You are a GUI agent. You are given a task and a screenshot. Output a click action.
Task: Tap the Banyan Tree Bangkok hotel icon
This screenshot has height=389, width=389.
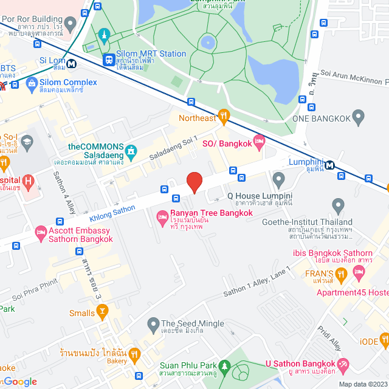click(x=162, y=216)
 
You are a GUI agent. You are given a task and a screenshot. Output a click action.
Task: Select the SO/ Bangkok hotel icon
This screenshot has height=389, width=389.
click(x=260, y=142)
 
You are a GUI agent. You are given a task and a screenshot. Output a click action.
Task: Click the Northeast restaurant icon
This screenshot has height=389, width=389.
click(x=224, y=114)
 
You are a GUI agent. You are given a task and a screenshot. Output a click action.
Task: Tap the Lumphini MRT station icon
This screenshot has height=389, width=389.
click(x=329, y=165)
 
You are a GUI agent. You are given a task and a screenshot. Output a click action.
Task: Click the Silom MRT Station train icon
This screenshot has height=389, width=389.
click(x=109, y=60)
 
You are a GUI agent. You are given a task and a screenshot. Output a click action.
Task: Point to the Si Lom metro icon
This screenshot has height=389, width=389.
click(x=72, y=63)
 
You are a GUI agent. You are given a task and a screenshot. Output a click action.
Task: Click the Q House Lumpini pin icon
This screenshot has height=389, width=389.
click(x=279, y=179)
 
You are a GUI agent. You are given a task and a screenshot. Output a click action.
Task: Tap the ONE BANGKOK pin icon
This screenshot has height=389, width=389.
click(x=358, y=115)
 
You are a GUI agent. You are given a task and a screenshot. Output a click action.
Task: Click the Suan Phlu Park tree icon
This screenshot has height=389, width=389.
click(x=225, y=367)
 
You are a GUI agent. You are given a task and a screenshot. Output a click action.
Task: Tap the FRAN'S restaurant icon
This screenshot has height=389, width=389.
click(x=342, y=274)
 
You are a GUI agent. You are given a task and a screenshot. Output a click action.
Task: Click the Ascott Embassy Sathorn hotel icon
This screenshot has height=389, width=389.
click(x=41, y=232)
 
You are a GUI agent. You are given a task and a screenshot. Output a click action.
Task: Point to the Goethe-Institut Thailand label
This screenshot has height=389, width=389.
click(x=306, y=222)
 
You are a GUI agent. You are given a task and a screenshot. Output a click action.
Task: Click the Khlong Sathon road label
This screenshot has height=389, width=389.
click(x=112, y=212)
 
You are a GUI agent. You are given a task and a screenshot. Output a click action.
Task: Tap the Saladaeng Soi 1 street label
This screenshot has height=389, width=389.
click(x=174, y=150)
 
